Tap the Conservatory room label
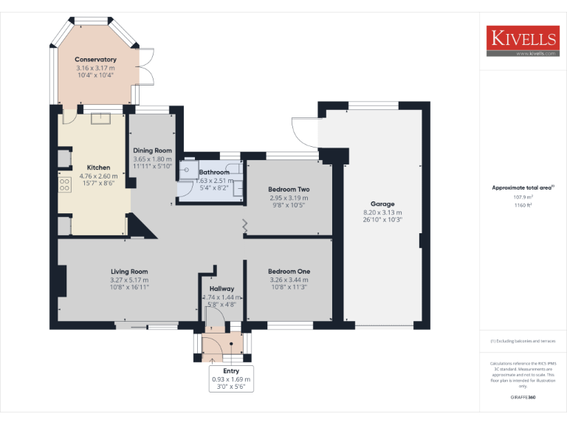[95, 60]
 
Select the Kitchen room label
[98, 167]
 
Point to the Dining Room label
[152, 151]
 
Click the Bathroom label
[214, 172]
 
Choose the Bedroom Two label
[289, 190]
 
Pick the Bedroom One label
[289, 272]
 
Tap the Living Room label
[129, 272]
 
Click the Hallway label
[221, 288]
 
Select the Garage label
[382, 204]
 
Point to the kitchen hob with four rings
[64, 184]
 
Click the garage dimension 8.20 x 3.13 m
[382, 212]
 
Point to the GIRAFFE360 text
[523, 398]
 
